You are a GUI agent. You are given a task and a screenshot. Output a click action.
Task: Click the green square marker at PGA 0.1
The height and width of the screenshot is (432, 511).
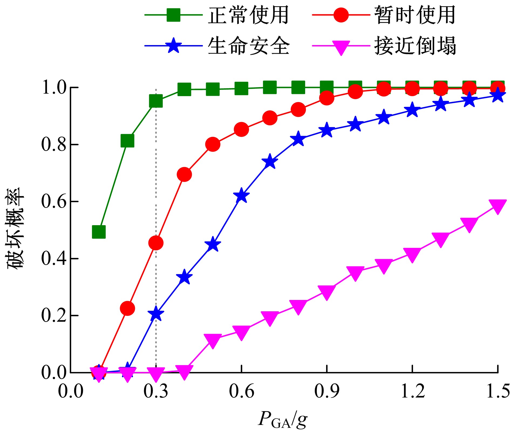tap(99, 232)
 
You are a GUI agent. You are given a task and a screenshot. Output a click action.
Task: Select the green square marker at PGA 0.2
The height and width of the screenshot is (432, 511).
tap(127, 141)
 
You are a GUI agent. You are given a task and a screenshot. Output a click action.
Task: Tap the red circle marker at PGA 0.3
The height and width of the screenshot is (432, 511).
tap(156, 243)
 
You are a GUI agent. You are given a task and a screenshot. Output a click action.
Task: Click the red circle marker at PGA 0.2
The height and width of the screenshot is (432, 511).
tap(127, 308)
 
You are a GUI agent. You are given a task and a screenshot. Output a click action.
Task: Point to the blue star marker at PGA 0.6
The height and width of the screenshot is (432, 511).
tap(241, 196)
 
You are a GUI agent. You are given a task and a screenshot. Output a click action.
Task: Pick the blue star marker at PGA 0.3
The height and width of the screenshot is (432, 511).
tap(156, 314)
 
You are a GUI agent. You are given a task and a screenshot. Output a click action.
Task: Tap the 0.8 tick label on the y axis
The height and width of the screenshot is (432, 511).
tap(54, 145)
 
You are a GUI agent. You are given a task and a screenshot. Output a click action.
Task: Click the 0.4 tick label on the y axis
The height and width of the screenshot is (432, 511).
tap(54, 259)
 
